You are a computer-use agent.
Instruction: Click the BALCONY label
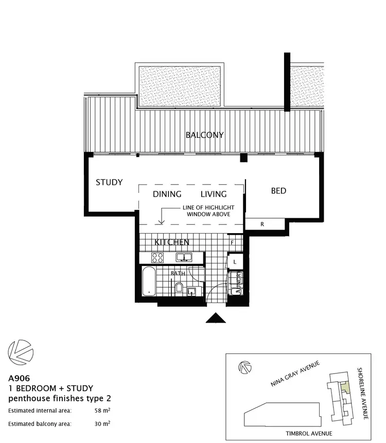coord(204,135)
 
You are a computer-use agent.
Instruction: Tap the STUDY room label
coord(109,182)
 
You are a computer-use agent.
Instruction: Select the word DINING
coord(167,194)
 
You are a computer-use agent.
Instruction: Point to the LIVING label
coord(214,194)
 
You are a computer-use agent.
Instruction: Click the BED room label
coord(278,191)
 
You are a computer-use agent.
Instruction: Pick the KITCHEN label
coord(172,242)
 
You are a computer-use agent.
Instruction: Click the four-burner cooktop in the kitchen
coord(156,257)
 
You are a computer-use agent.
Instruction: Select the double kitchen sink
coord(183,257)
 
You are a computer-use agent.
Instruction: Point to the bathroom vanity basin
coord(192,292)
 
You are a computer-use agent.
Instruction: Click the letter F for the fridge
coord(233,242)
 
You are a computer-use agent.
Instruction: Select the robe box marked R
coord(262,224)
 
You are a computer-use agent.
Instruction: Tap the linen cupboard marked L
coord(235,262)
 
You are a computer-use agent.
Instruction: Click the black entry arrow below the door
coord(216,318)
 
